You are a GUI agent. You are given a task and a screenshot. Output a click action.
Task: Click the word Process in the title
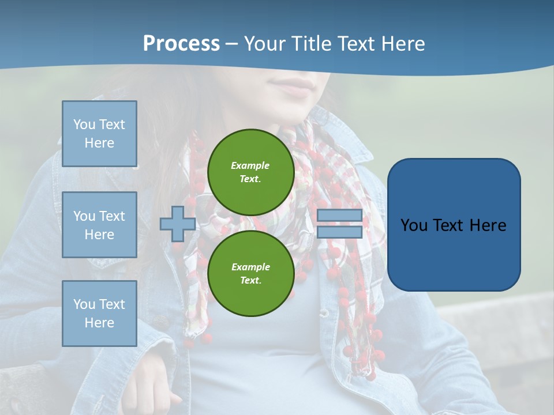point(181,44)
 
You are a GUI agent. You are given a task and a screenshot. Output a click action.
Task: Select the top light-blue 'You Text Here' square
point(99,134)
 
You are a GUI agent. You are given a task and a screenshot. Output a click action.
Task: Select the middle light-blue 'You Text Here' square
point(99,225)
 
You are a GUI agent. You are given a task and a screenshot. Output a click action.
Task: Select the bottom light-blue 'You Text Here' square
point(99,314)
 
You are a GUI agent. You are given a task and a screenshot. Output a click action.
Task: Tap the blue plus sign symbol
point(177,224)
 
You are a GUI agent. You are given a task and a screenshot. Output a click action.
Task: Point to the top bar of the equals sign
point(339,216)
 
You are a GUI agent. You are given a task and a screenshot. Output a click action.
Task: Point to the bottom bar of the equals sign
point(339,232)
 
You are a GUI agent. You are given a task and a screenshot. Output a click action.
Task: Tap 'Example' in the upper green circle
point(250,165)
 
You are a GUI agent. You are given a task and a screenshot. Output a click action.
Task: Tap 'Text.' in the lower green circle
point(250,280)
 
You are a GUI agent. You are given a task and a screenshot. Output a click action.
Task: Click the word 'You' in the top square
point(83,124)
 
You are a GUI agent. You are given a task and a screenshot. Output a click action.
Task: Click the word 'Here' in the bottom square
point(99,323)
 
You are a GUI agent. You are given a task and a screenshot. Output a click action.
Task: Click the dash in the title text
point(231,44)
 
